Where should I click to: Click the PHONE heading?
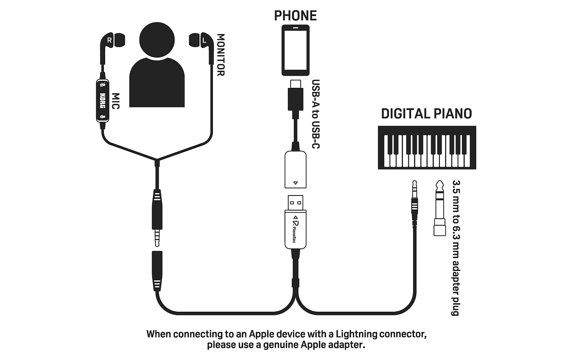[x=295, y=16]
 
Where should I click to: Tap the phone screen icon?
[x=295, y=50]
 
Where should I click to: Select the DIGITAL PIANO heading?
[x=426, y=114]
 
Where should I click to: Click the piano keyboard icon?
[x=427, y=148]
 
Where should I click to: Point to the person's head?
[x=157, y=40]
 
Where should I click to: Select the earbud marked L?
[x=202, y=41]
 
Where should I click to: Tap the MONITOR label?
[x=221, y=55]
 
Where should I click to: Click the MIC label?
[x=116, y=101]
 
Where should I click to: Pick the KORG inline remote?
[x=103, y=100]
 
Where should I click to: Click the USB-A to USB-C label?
[x=316, y=114]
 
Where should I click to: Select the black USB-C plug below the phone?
[x=295, y=96]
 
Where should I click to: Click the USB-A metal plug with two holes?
[x=295, y=203]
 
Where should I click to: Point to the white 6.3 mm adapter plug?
[x=439, y=208]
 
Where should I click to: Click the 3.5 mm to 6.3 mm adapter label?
[x=456, y=248]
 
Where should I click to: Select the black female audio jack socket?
[x=157, y=271]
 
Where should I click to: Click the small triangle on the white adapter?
[x=295, y=183]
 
